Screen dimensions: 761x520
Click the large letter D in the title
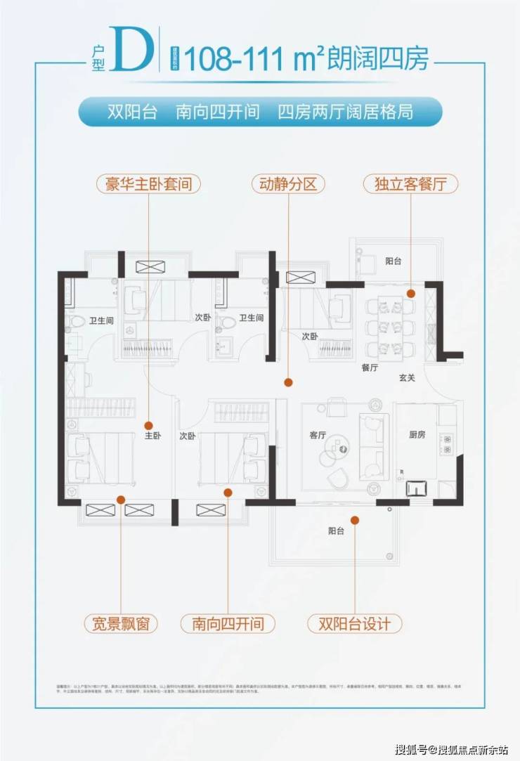point(134,51)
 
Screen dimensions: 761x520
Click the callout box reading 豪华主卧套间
point(148,185)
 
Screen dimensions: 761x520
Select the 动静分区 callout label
point(288,185)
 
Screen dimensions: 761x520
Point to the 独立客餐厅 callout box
point(411,185)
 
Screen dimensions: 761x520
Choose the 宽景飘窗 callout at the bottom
point(120,623)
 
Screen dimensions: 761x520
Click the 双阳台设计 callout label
point(355,623)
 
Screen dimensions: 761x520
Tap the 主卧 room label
point(152,436)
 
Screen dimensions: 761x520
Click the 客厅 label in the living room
point(318,435)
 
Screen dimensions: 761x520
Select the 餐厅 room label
point(370,368)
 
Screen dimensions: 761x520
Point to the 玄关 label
point(408,378)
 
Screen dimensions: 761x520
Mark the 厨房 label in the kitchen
point(417,435)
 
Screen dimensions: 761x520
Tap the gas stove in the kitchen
point(446,442)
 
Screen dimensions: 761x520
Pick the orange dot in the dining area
point(411,294)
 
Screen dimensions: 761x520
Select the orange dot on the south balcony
point(355,521)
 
